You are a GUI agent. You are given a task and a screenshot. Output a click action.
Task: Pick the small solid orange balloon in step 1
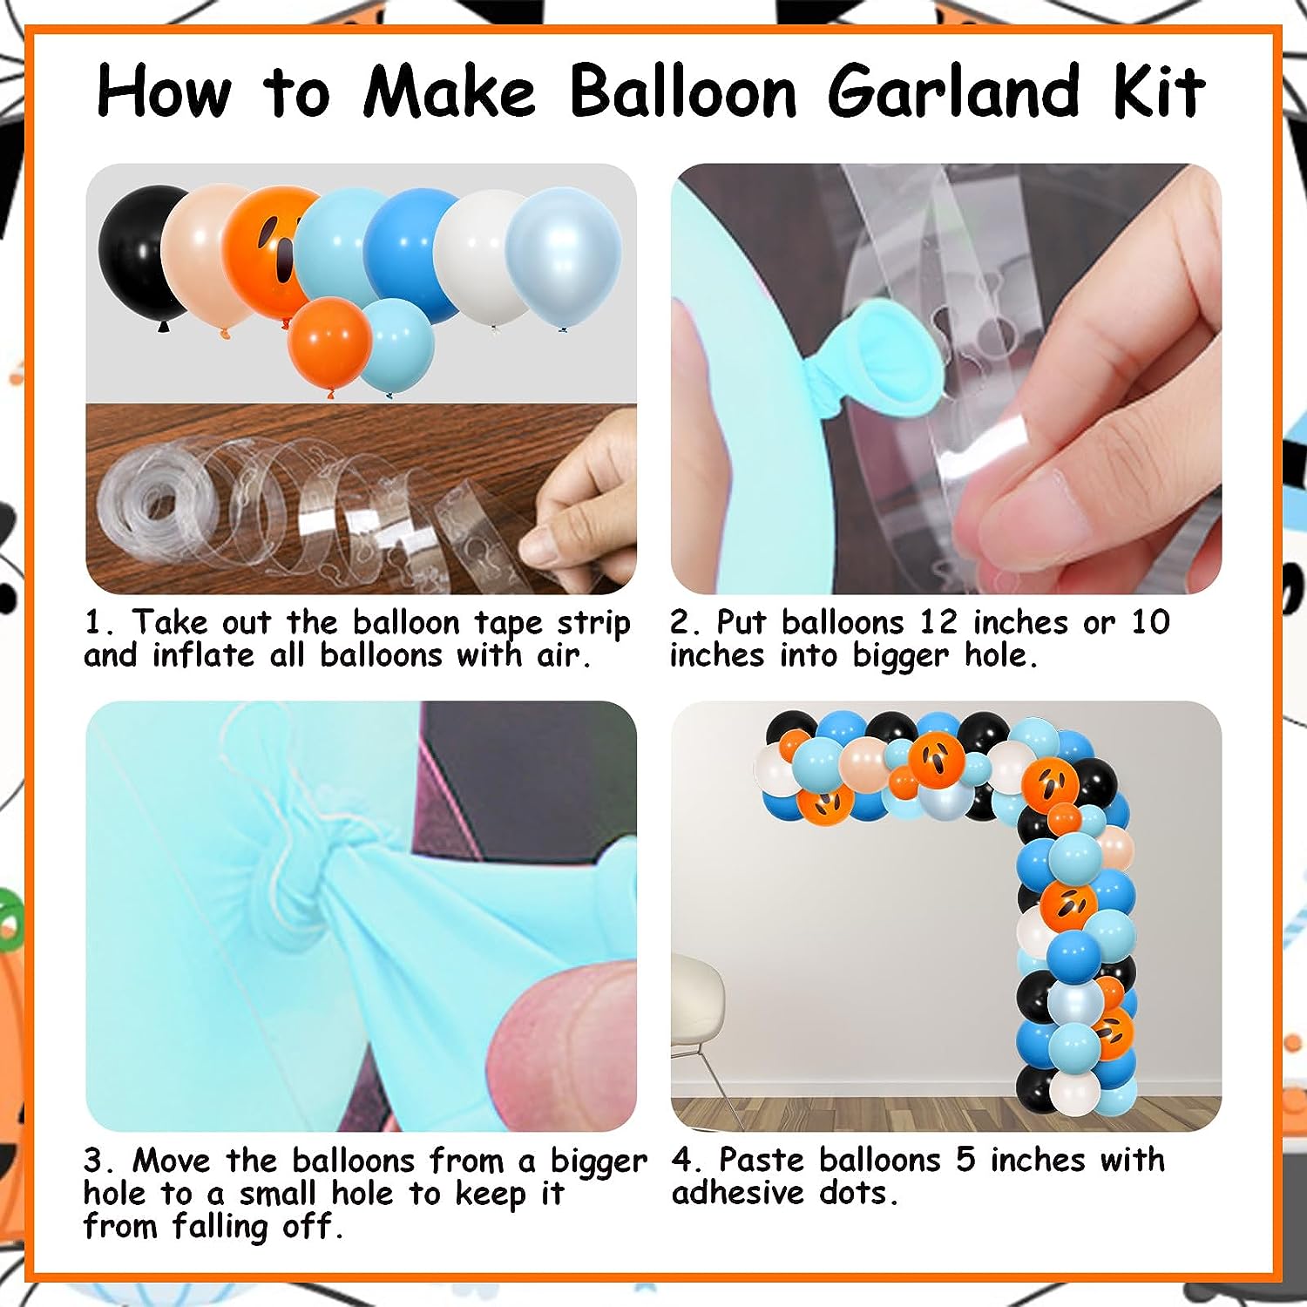[329, 343]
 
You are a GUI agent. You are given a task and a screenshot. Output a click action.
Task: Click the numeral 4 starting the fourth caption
[682, 1160]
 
